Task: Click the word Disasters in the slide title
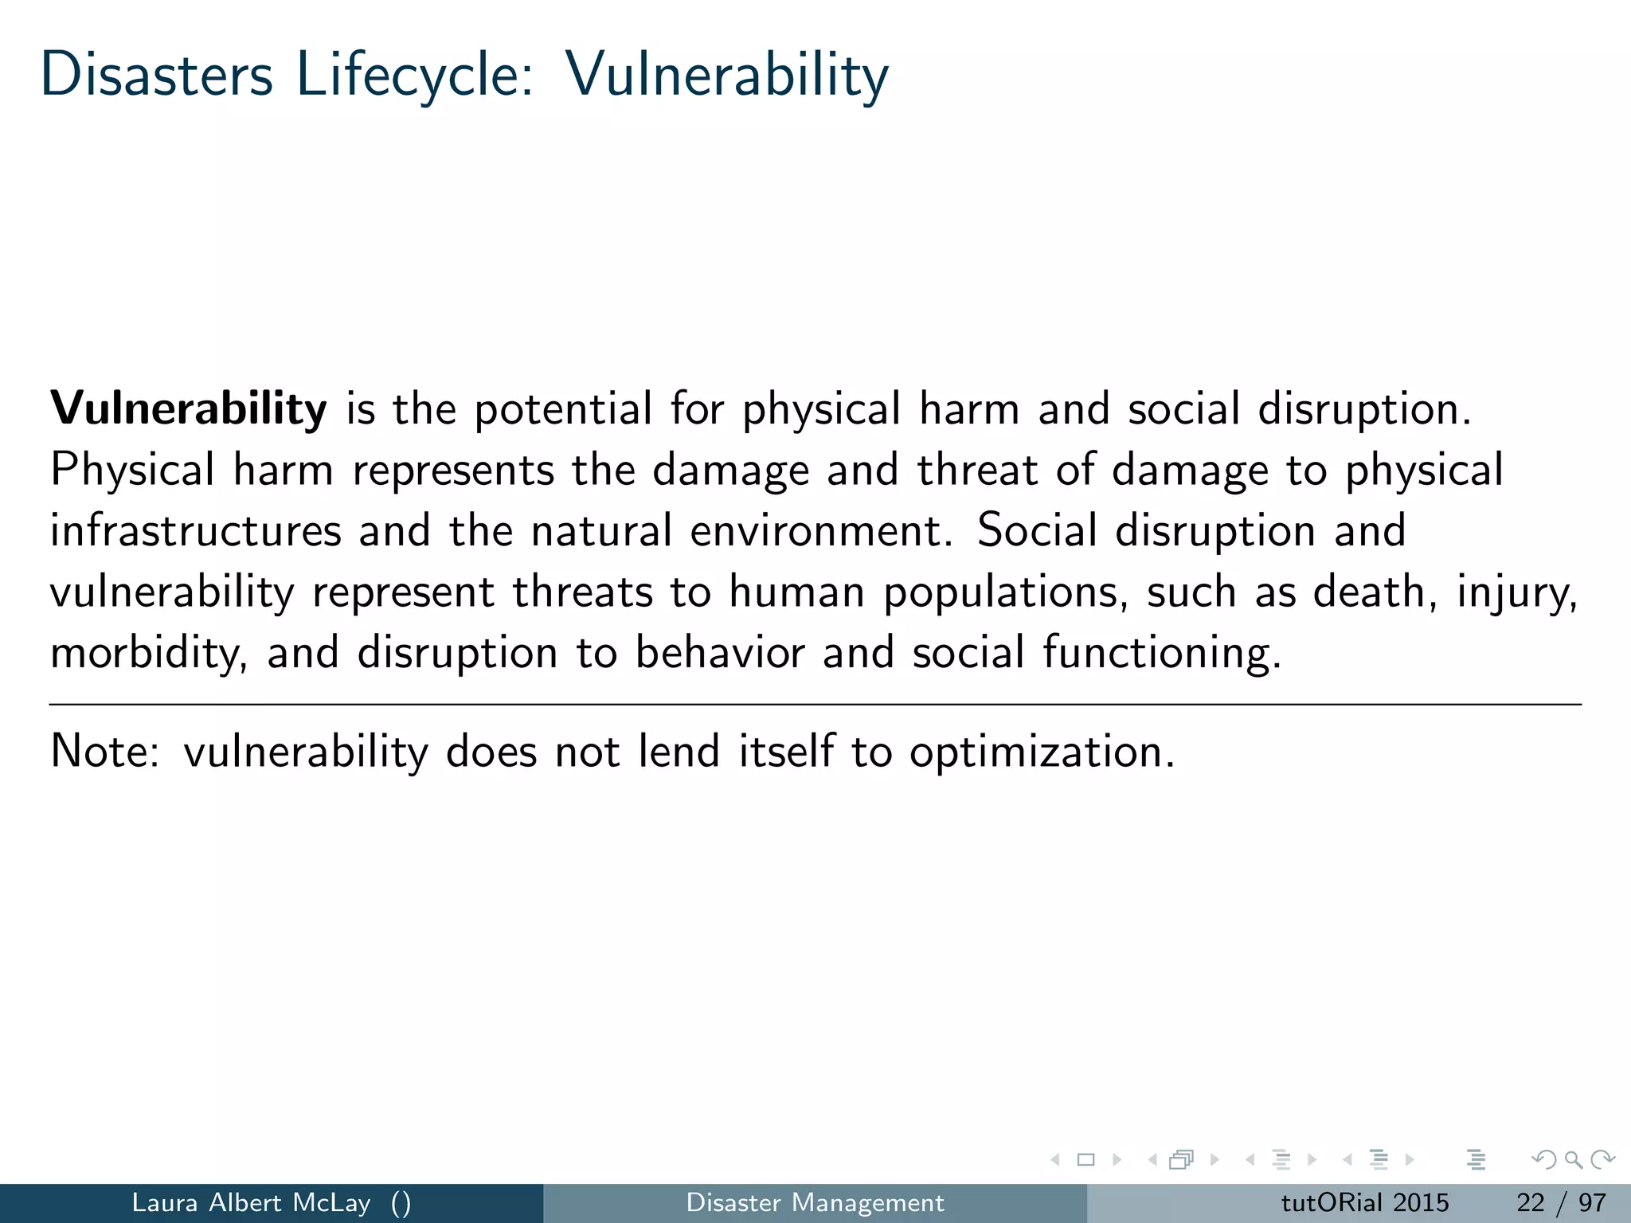(157, 74)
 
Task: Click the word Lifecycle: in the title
(415, 74)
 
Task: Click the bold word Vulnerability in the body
(189, 409)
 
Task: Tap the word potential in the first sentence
(563, 409)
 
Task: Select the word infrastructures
(195, 531)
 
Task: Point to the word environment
(820, 531)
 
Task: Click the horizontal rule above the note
(815, 705)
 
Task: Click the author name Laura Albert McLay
(251, 1202)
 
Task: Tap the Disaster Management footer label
(815, 1202)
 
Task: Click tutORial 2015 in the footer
(1364, 1202)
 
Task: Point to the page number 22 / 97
(1560, 1202)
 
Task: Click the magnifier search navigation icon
(1573, 1160)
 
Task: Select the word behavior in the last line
(719, 654)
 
